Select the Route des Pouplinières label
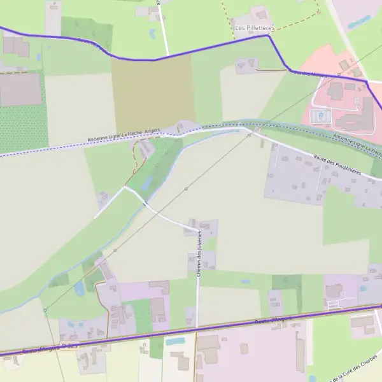337,164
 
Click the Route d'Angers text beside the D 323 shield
38,350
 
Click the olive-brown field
153,92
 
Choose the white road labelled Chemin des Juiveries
197,293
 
